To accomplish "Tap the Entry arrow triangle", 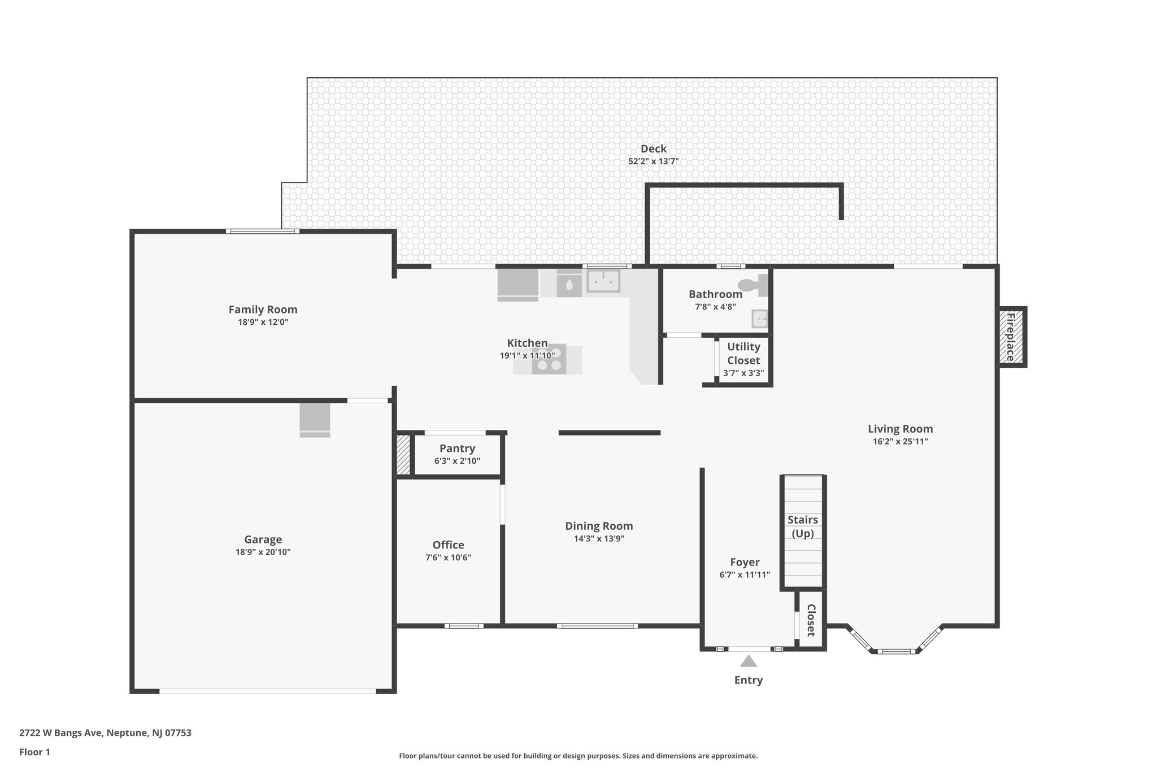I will point(748,661).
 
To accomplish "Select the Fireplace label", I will point(1011,337).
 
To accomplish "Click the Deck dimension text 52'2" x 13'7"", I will point(653,162).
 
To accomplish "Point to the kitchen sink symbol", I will point(603,280).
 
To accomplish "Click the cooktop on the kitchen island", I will point(549,360).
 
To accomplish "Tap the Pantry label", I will point(457,448).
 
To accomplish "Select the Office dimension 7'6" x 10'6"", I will point(448,557).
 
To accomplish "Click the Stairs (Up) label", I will point(802,526).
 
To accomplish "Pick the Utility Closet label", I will point(743,354).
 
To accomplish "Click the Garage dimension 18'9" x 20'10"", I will point(263,552).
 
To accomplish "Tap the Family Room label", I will point(263,310).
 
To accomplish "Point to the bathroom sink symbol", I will point(760,319).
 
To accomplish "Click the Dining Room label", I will point(599,526).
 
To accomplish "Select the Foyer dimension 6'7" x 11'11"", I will point(744,575).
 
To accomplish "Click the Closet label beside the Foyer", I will point(811,620).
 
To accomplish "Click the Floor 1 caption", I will point(34,752).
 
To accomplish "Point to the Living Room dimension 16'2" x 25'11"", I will point(900,442).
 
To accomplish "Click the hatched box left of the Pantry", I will point(403,455).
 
